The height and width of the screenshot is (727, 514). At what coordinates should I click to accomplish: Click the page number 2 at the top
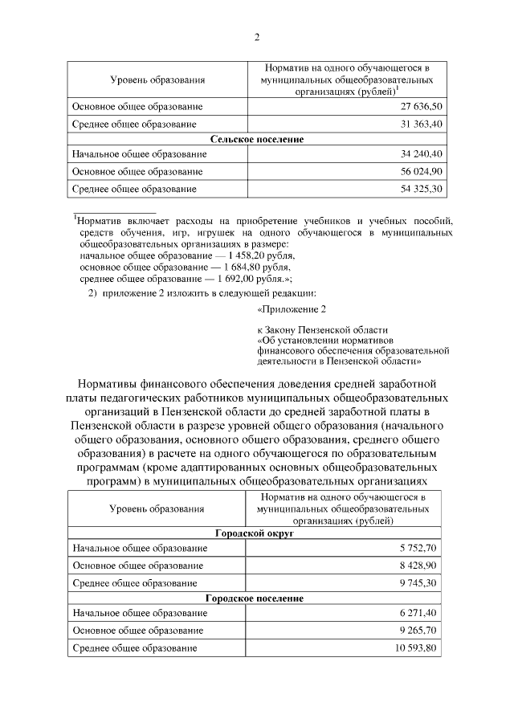point(257,37)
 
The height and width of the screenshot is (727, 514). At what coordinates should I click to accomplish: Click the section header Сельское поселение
point(257,139)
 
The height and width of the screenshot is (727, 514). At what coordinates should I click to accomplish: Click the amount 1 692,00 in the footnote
point(230,277)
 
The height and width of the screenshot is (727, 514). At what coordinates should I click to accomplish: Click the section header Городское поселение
point(257,598)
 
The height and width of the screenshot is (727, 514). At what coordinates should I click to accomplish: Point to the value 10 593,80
point(419,647)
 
